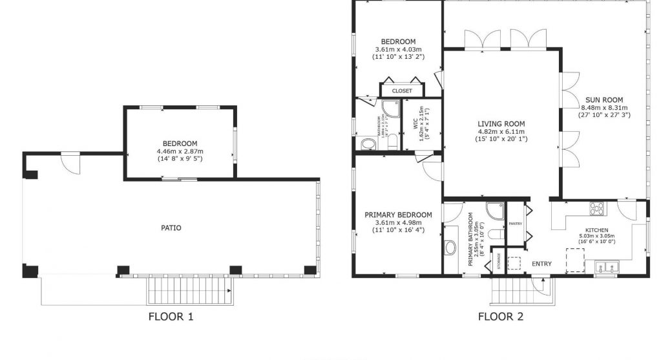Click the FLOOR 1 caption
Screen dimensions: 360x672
(171, 317)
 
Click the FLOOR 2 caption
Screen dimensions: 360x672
(500, 317)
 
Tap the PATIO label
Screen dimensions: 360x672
(171, 228)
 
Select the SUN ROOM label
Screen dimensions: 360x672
(604, 100)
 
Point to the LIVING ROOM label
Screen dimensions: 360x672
(501, 123)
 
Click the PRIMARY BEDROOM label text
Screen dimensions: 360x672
(398, 215)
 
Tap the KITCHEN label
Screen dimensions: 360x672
(596, 230)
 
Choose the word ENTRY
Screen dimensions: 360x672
(541, 264)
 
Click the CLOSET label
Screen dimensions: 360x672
(401, 91)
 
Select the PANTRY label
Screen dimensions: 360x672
(515, 224)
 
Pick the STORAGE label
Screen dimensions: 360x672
(499, 261)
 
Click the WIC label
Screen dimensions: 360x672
(407, 123)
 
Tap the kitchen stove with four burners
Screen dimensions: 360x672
(596, 208)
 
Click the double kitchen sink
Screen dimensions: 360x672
(607, 266)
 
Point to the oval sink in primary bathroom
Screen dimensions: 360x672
(450, 248)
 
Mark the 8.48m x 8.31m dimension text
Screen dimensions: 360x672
(604, 107)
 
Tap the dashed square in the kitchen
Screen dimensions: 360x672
(574, 259)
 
